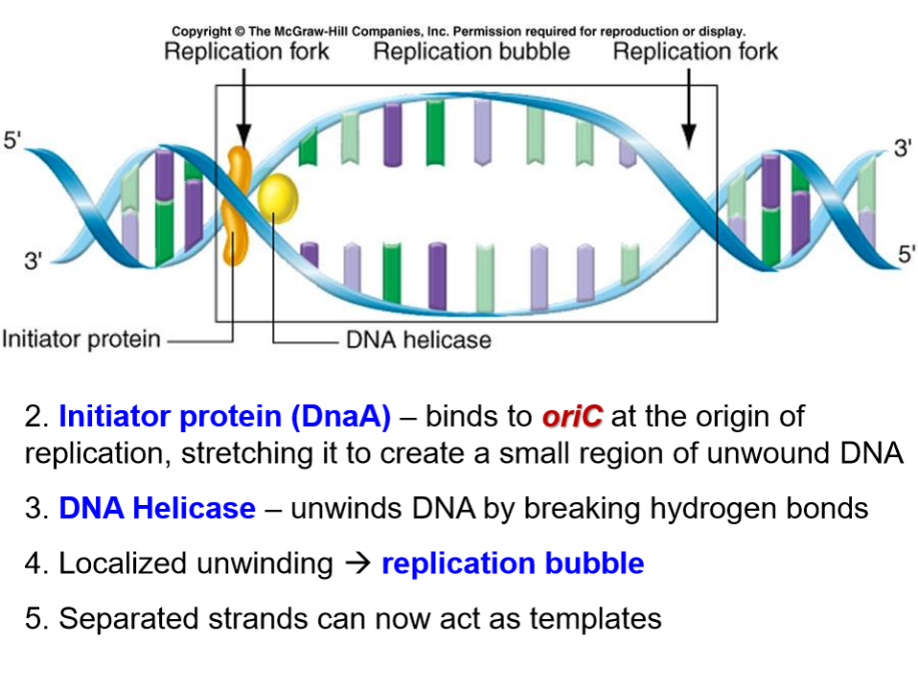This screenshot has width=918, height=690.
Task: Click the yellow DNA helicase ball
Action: (275, 199)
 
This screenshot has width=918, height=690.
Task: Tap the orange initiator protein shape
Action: (234, 206)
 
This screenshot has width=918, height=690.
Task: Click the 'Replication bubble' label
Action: (471, 52)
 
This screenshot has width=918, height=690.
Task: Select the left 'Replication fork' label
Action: (246, 52)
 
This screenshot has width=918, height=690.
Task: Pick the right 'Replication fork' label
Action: (695, 52)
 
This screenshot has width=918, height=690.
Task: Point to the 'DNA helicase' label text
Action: (418, 339)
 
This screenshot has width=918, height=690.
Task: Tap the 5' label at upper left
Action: (13, 141)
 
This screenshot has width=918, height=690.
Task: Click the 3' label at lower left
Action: (33, 260)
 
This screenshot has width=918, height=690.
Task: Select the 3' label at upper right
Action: (903, 149)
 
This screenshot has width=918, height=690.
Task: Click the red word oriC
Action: (572, 418)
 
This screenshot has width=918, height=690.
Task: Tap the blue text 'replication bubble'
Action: (513, 563)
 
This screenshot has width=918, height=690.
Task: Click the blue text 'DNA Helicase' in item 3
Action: (157, 508)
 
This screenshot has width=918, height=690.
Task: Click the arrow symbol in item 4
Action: (356, 563)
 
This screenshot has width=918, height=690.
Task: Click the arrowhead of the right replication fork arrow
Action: (687, 139)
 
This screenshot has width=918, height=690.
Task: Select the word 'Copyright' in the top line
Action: (201, 32)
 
